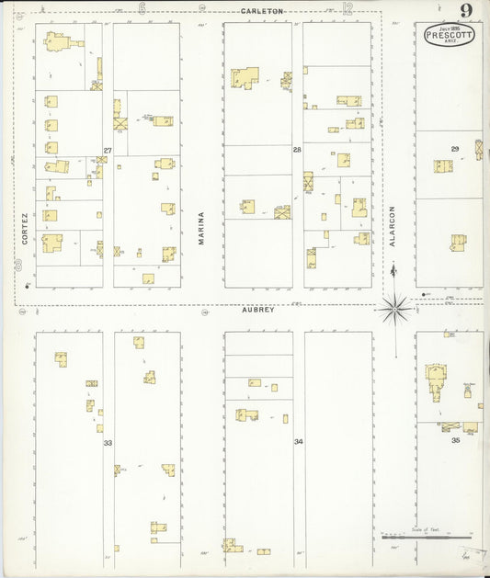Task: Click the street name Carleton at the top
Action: click(x=262, y=11)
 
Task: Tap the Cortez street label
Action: click(x=25, y=230)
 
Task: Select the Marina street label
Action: click(x=201, y=227)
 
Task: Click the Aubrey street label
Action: click(x=258, y=311)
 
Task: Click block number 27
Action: click(x=108, y=150)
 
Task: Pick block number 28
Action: click(x=297, y=150)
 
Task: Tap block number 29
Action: click(x=454, y=148)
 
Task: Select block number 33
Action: click(x=108, y=443)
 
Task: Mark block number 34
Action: click(x=299, y=442)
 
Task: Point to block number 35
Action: click(x=455, y=440)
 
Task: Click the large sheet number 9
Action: click(x=467, y=11)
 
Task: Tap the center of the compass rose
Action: click(x=395, y=308)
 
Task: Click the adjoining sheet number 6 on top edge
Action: click(x=142, y=9)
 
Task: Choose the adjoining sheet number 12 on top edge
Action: click(x=347, y=9)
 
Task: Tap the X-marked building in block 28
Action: click(x=282, y=212)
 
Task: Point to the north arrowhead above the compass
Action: click(x=394, y=267)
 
